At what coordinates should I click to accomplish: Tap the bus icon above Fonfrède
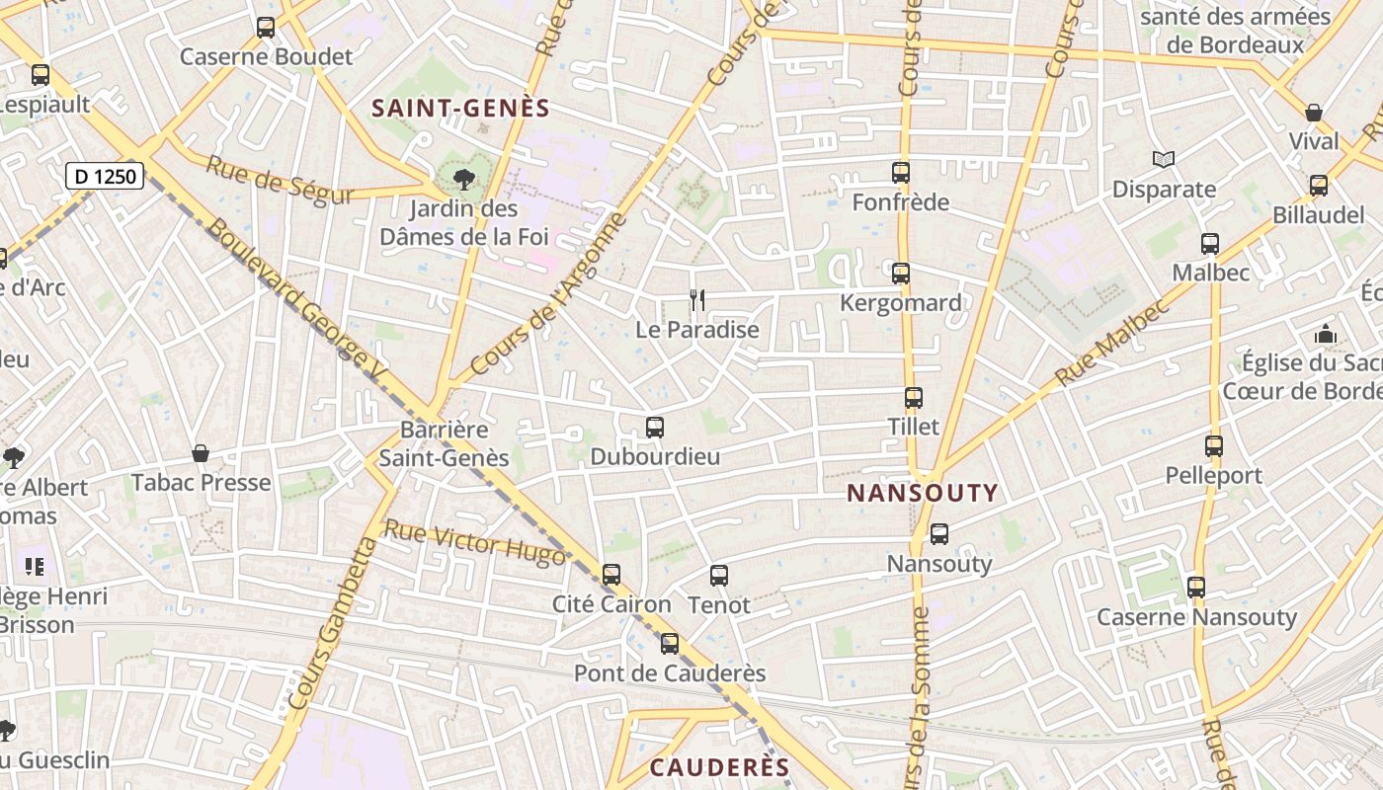coord(900,173)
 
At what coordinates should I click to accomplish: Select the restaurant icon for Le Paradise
coord(697,299)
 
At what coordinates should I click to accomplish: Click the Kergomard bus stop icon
coord(900,274)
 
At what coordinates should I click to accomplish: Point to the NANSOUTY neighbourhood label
coord(923,493)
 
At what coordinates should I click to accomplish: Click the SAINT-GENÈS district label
coord(460,109)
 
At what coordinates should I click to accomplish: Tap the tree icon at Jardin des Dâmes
coord(462,180)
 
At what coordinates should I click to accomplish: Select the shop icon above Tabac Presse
coord(201,453)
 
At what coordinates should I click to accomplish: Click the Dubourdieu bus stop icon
coord(654,428)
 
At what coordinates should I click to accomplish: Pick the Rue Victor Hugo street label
coord(474,543)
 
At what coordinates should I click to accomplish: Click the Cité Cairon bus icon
coord(611,575)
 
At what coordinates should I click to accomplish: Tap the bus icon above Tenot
coord(718,575)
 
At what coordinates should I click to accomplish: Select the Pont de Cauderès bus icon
coord(670,644)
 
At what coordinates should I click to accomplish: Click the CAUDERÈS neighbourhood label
coord(719,768)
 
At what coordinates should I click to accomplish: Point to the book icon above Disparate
coord(1164,159)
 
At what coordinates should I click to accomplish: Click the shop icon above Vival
coord(1313,113)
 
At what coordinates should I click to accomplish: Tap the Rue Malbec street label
coord(1111,342)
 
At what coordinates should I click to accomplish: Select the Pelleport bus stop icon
coord(1213,446)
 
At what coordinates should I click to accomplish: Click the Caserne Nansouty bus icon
coord(1196,588)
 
